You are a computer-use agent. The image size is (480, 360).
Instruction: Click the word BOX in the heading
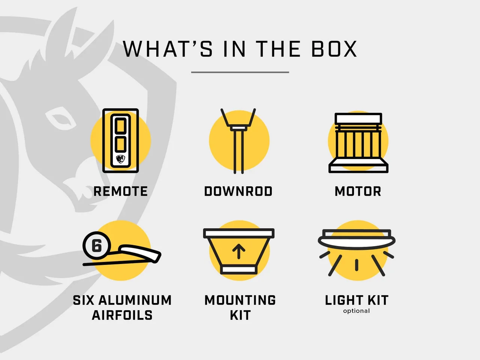click(334, 49)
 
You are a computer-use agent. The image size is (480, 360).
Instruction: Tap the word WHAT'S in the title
click(168, 49)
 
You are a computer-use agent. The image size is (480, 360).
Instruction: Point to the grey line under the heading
click(240, 72)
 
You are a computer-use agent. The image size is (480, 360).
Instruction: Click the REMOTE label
click(120, 192)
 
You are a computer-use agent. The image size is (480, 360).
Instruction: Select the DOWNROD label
click(238, 192)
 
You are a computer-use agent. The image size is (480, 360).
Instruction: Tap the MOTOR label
click(358, 192)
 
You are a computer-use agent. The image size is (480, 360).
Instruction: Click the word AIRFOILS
click(122, 315)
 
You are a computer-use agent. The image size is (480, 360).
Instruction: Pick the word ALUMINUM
click(135, 300)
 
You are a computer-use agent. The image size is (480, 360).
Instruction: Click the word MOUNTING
click(240, 300)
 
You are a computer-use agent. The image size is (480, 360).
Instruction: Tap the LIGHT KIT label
click(357, 300)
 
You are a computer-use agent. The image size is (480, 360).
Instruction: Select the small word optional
click(357, 311)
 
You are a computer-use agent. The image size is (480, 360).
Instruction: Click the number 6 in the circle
click(97, 246)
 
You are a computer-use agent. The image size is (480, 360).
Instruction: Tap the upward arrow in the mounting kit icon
click(238, 251)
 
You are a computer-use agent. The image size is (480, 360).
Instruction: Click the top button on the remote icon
click(120, 126)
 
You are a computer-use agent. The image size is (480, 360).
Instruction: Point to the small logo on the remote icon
click(120, 159)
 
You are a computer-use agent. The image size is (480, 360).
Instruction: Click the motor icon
click(358, 143)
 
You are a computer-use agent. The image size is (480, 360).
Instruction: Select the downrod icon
click(238, 141)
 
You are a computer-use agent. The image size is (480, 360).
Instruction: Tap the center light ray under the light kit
click(357, 265)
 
